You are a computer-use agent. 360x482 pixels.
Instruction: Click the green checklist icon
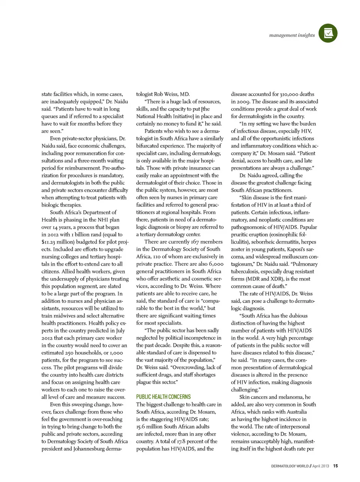(328, 33)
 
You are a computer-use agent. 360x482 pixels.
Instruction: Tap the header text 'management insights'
(292, 35)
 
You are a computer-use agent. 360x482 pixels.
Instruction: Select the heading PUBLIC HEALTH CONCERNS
(163, 397)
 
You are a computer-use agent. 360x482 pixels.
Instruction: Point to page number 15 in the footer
(336, 466)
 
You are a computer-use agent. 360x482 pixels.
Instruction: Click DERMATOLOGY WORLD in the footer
(290, 466)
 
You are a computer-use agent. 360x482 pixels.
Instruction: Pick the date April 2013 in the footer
(321, 466)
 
